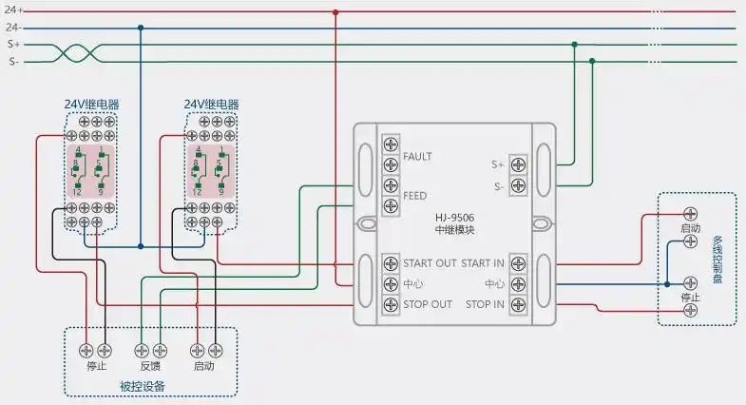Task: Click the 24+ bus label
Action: click(x=15, y=10)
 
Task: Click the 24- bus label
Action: click(x=15, y=28)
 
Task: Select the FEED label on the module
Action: click(x=415, y=196)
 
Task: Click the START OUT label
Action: click(x=430, y=262)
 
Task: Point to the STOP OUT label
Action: click(x=428, y=304)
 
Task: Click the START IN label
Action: click(x=482, y=262)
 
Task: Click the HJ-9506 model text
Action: click(x=455, y=218)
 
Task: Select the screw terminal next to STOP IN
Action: click(x=518, y=304)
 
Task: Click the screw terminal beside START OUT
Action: click(x=391, y=262)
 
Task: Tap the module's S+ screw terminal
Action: click(x=518, y=164)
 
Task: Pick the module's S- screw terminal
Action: click(x=518, y=185)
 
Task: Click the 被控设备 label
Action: click(x=143, y=386)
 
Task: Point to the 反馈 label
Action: click(x=151, y=366)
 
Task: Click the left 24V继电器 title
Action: click(x=91, y=105)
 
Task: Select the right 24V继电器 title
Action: click(x=211, y=105)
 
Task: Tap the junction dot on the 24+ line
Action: click(x=335, y=11)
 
